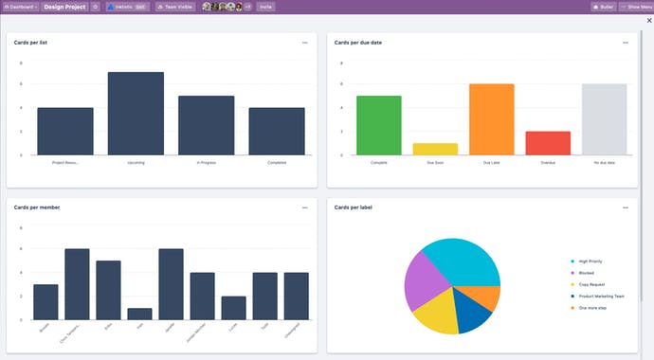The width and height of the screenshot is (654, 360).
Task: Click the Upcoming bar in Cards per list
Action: (136, 114)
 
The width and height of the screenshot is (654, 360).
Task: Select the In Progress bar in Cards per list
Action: (207, 125)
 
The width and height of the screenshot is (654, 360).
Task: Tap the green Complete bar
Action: (378, 125)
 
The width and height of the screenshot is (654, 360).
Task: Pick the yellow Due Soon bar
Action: (435, 149)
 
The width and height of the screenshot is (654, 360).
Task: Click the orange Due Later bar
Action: (491, 119)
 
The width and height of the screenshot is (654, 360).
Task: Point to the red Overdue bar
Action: (548, 143)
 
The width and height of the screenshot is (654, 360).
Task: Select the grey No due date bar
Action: (604, 119)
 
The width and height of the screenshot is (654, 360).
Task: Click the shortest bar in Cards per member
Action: (139, 314)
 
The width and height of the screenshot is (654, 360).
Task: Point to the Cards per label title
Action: (354, 207)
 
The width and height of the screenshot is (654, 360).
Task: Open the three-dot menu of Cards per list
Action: (304, 43)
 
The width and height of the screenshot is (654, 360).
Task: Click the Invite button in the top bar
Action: (265, 7)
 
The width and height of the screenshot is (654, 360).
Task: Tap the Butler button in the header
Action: (603, 7)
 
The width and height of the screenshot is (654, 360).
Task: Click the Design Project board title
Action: (64, 7)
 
